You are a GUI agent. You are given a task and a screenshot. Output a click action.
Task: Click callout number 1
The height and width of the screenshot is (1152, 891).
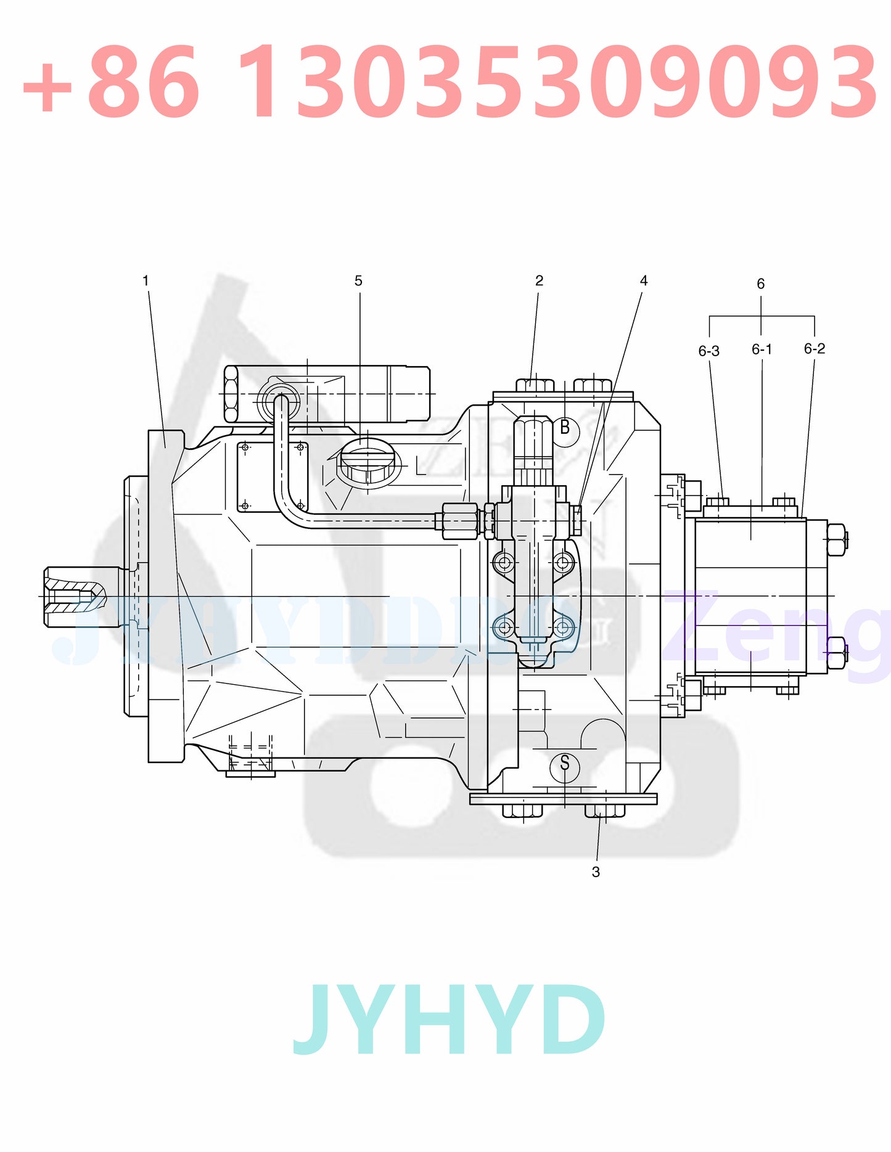tap(146, 281)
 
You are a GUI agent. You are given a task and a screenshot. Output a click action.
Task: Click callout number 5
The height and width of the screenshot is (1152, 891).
tap(358, 281)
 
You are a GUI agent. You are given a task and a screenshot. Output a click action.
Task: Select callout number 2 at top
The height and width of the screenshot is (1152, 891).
tap(539, 281)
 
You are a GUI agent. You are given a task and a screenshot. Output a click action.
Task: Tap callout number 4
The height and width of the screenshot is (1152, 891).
tap(644, 281)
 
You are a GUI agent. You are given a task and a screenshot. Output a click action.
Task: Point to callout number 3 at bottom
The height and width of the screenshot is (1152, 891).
tap(596, 872)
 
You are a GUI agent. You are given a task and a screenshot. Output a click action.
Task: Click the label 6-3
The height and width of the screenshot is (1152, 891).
tap(708, 351)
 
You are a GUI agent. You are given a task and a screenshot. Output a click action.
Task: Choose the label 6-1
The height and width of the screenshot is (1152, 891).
tap(762, 349)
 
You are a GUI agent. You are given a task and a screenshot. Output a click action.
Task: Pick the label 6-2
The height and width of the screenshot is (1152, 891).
tap(814, 349)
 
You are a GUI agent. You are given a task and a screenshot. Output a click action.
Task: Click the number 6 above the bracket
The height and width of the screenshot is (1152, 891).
tap(760, 284)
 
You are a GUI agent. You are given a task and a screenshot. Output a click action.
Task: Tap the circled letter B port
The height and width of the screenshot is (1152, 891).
tap(564, 428)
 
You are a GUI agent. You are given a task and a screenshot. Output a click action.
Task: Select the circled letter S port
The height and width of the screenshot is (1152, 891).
tap(564, 764)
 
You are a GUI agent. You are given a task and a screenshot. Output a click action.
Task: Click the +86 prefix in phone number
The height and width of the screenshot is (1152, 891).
tap(111, 82)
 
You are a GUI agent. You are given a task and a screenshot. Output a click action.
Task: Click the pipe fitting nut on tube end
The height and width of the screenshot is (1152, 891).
tap(460, 521)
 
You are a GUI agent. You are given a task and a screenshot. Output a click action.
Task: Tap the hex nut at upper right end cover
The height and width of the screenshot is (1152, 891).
tap(836, 539)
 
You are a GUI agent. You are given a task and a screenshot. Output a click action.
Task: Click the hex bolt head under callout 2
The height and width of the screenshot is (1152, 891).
tap(535, 385)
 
